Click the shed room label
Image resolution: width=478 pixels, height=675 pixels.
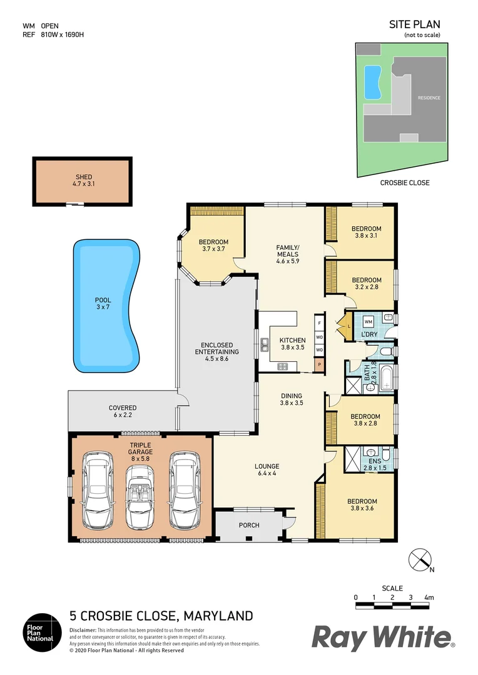(83, 181)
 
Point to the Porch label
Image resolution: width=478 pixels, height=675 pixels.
(249, 525)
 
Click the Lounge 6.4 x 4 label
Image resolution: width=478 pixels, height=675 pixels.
(267, 470)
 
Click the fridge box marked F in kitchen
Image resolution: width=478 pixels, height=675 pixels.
(319, 323)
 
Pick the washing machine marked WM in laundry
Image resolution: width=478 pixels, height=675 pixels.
(368, 322)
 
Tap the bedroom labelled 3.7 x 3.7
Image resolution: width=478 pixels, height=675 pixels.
(213, 246)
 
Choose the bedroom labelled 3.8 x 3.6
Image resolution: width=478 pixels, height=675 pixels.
(362, 505)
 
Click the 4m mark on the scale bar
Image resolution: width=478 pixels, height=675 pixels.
(429, 598)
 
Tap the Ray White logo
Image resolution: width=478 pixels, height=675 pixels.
(383, 638)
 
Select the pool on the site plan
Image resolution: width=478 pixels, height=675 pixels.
(373, 82)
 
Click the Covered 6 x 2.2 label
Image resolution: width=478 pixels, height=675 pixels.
(123, 411)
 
